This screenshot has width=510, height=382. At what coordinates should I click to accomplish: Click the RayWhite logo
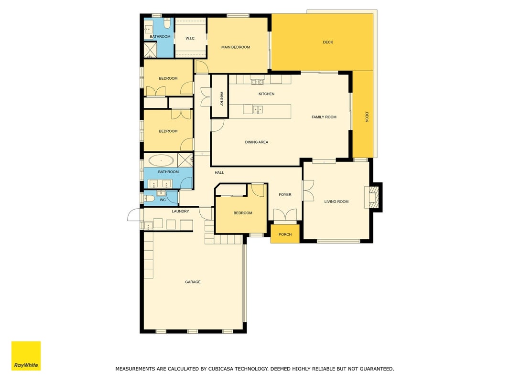(x=26, y=356)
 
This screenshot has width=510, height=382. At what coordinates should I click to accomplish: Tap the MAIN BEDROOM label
(x=236, y=47)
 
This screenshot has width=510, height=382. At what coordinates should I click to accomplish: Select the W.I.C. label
(x=190, y=38)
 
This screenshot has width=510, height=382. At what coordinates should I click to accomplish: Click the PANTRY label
(x=221, y=99)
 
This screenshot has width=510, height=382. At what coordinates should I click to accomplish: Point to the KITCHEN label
(x=266, y=94)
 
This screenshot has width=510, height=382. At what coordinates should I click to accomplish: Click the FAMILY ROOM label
(x=324, y=117)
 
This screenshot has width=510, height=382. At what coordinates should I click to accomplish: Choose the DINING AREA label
(x=257, y=142)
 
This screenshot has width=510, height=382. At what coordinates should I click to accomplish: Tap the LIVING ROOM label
(x=336, y=202)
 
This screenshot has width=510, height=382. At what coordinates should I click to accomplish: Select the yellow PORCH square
(x=285, y=234)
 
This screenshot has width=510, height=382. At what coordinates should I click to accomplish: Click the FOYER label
(x=285, y=194)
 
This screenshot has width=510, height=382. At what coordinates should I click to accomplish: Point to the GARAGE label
(x=193, y=282)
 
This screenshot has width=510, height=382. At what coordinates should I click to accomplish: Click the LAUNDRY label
(x=181, y=211)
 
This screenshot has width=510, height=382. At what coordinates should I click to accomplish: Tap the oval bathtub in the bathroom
(x=161, y=160)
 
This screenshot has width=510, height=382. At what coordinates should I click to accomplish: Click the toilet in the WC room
(x=149, y=198)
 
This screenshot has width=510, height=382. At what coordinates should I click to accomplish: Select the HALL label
(x=219, y=172)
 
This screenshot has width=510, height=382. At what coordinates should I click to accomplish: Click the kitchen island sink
(x=258, y=109)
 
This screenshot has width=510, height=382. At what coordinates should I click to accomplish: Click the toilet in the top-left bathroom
(x=167, y=24)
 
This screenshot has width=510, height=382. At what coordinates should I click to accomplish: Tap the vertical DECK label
(x=367, y=117)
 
